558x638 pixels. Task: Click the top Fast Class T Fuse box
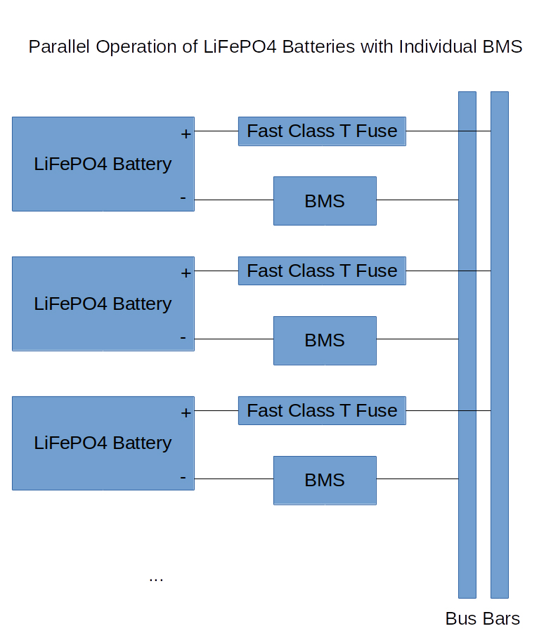(322, 131)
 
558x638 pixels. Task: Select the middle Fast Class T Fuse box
(322, 271)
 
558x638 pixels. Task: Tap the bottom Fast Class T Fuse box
(322, 410)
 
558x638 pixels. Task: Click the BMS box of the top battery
(325, 200)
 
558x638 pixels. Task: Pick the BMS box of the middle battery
(325, 341)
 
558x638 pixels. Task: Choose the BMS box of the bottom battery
(325, 481)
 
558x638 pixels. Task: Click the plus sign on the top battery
(186, 134)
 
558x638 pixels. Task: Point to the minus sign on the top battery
(183, 198)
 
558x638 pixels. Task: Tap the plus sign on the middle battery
(186, 273)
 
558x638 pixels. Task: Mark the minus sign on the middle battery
(183, 337)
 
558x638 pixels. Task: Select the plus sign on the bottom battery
(186, 413)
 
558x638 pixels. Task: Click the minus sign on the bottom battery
(183, 477)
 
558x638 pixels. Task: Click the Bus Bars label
(483, 618)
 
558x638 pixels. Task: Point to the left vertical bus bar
(467, 344)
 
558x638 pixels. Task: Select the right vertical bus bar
(500, 344)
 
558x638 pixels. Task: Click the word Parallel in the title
(59, 46)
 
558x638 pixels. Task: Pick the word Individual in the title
(438, 46)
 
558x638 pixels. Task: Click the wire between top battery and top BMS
(234, 200)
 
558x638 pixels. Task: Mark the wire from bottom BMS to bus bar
(417, 479)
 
